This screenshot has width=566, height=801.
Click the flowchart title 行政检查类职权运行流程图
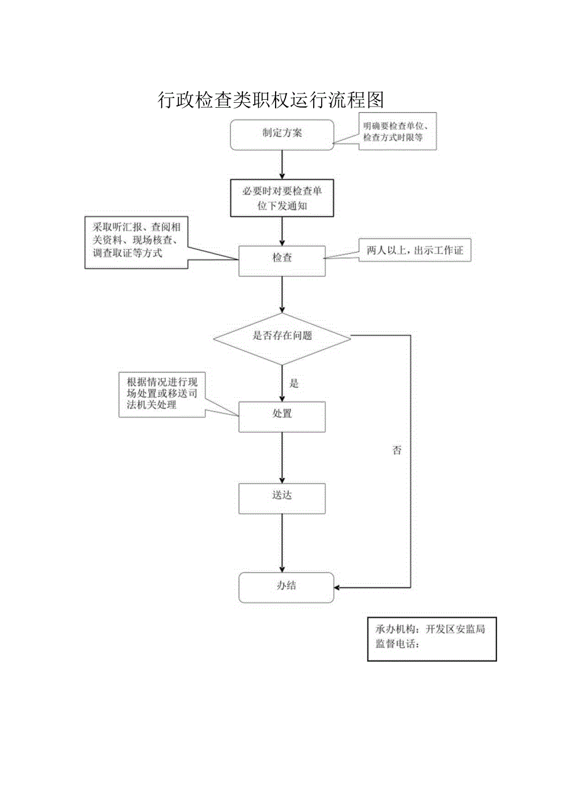click(271, 99)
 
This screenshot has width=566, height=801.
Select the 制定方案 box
click(282, 134)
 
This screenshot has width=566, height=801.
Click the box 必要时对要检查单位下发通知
click(282, 198)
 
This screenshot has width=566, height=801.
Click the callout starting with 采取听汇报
click(136, 242)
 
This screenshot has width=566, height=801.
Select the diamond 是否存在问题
click(282, 337)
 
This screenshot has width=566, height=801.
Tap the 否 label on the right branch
click(397, 451)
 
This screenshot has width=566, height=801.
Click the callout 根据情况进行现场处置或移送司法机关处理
click(162, 394)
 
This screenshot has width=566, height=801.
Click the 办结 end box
click(286, 587)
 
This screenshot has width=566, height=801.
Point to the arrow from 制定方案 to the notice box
click(282, 164)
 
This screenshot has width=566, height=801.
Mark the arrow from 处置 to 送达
click(282, 457)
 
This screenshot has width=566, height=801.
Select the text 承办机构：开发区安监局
click(430, 630)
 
